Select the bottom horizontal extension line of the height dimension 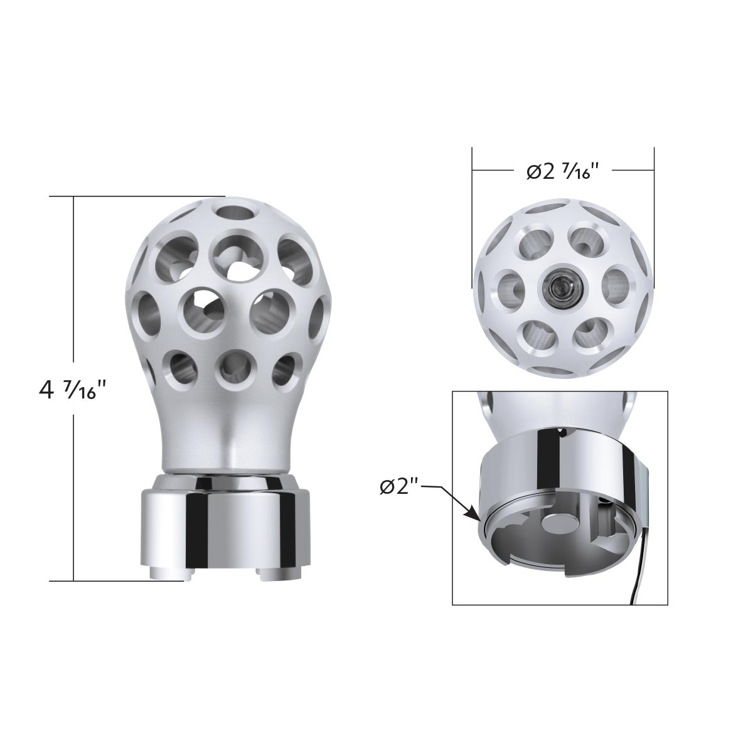(x=119, y=581)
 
